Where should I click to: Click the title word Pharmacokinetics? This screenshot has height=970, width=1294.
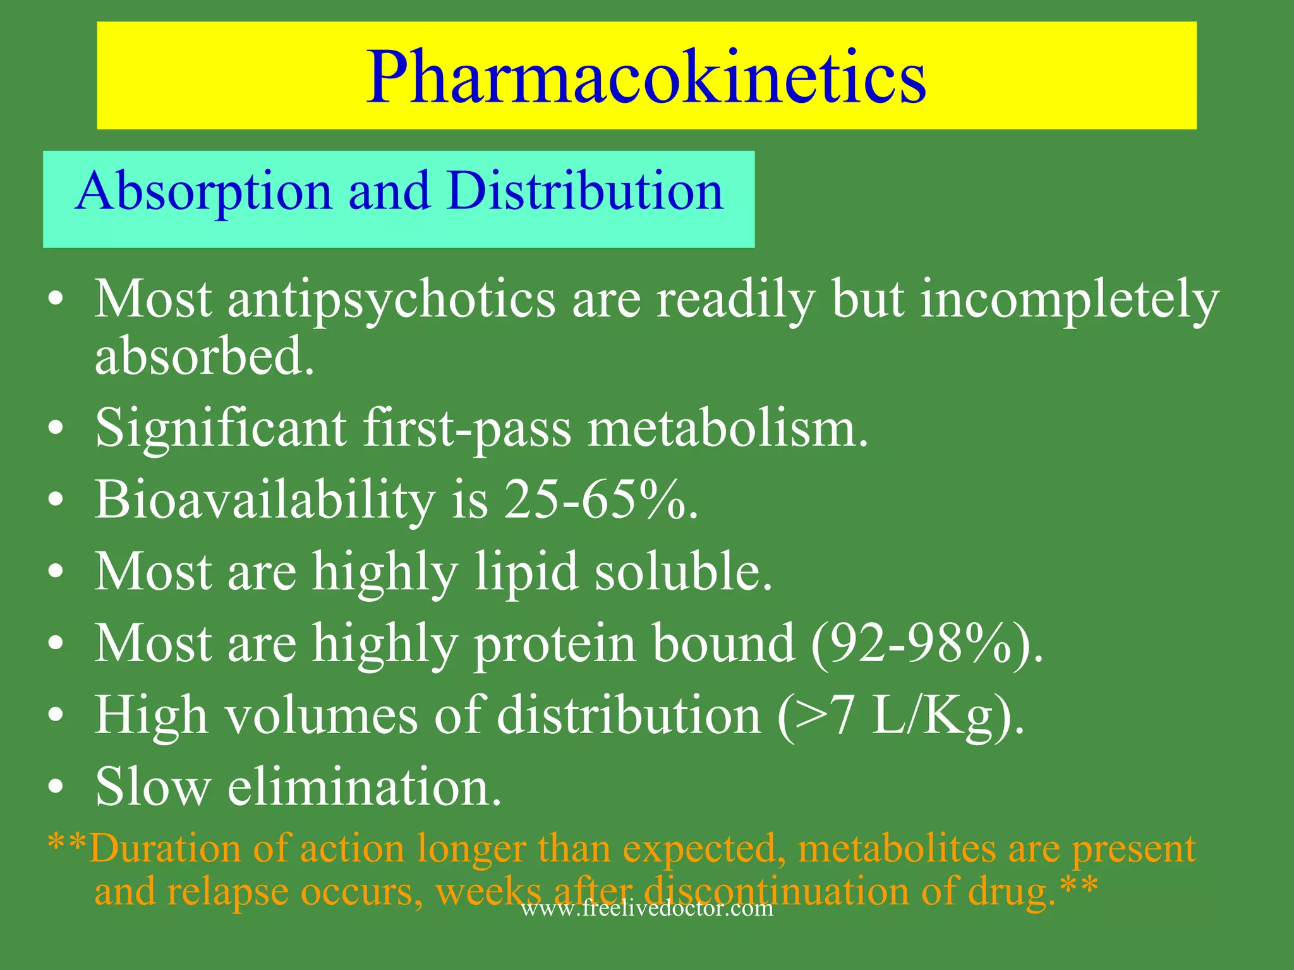pos(646,77)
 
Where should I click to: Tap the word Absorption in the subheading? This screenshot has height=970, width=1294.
pos(203,191)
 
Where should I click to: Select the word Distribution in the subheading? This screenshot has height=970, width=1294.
pos(585,191)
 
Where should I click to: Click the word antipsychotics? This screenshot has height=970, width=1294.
pos(391,299)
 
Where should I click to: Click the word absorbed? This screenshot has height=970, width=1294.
pos(203,356)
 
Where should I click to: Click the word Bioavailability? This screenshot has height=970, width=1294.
pos(265,500)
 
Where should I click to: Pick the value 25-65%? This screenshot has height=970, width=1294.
pos(600,500)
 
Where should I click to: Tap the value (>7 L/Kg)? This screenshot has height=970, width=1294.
pos(900,716)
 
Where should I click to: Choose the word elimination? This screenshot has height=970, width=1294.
pos(365,787)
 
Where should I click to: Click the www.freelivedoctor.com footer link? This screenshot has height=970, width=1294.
pos(646,909)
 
